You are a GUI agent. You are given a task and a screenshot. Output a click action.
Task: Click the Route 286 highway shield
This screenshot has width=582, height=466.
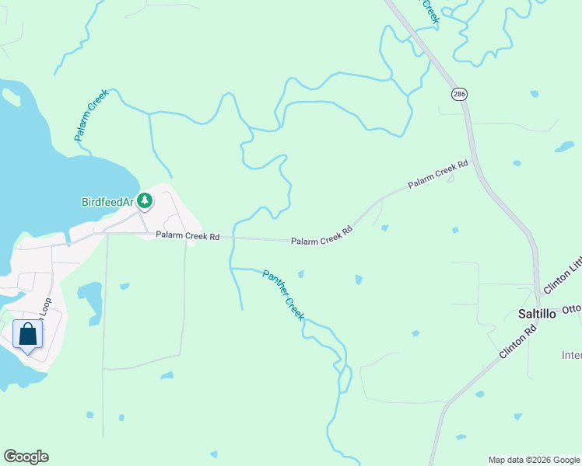click(458, 93)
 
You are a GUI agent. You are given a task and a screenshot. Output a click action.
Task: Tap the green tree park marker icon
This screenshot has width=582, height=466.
click(144, 201)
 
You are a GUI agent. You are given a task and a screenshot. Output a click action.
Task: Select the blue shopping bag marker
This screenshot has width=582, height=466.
click(28, 335)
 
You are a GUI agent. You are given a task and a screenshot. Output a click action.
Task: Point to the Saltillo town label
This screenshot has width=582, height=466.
click(537, 314)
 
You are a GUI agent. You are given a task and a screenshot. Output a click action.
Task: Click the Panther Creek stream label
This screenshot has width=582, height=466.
click(282, 295)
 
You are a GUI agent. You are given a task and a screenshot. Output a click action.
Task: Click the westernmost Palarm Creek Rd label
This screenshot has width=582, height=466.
click(188, 235)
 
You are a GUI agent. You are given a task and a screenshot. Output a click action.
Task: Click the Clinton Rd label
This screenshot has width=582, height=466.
click(520, 340)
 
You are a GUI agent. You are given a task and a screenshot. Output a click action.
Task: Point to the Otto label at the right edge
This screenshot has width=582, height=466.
click(572, 308)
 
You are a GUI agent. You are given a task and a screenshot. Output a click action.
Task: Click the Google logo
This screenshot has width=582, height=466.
click(26, 457)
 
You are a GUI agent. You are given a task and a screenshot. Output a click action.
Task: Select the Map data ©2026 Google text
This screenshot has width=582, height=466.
click(534, 460)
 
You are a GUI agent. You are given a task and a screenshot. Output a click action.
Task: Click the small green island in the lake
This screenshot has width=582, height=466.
click(12, 97)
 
